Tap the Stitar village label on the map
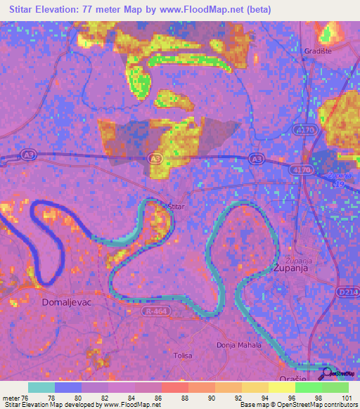pos(176,206)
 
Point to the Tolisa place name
pos(183,356)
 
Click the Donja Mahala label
pos(238,345)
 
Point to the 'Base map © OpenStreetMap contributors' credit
pos(297,405)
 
